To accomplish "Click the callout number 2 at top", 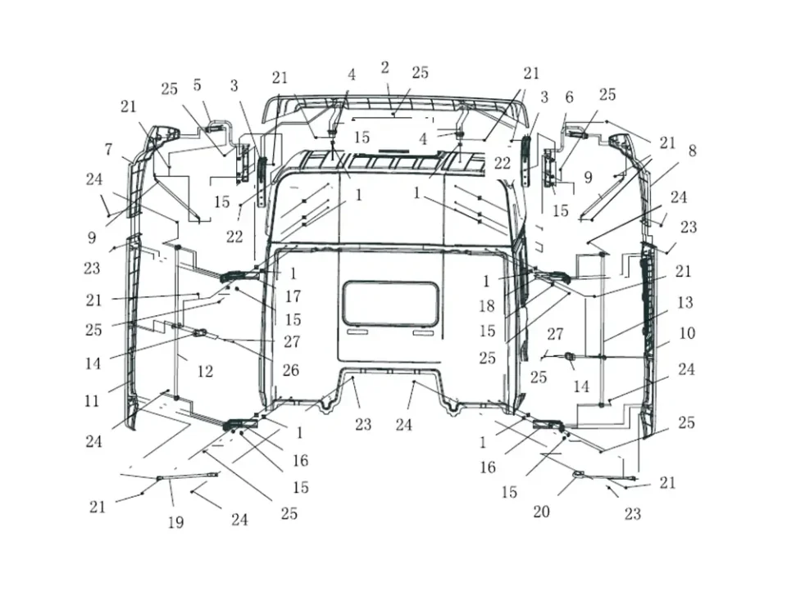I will (x=384, y=68).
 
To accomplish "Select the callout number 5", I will (x=197, y=85).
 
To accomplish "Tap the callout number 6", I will (x=569, y=97).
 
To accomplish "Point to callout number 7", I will (x=108, y=149).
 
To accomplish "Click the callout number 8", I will (x=692, y=151).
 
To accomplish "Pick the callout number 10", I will (x=687, y=333).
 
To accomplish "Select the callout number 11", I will (x=92, y=401).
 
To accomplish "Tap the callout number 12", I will (x=205, y=372).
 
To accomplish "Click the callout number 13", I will (x=685, y=303).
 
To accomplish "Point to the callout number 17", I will (x=293, y=297).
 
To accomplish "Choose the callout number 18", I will (x=488, y=306).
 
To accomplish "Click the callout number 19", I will (x=175, y=522).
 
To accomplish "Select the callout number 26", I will (x=290, y=371).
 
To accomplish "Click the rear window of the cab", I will (x=390, y=303).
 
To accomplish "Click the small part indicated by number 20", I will (x=578, y=474).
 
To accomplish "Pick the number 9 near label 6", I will (x=588, y=176).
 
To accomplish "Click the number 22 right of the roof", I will (x=503, y=164).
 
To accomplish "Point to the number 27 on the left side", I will (x=291, y=341).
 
